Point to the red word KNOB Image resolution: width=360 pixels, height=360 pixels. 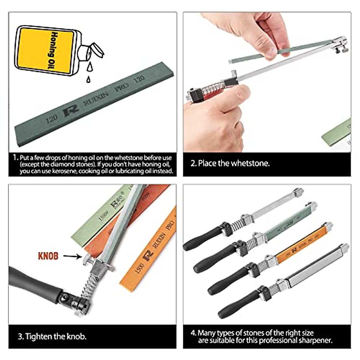(x=48, y=256)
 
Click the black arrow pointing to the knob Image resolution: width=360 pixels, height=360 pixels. (x=72, y=256)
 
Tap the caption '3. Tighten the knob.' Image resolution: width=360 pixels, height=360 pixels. (x=52, y=336)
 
